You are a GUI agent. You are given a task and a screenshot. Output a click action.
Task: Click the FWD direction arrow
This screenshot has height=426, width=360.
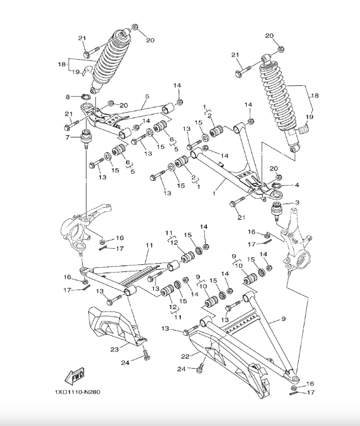pyautogui.click(x=75, y=376)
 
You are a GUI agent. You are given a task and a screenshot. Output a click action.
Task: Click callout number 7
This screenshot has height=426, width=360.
pyautogui.click(x=68, y=137)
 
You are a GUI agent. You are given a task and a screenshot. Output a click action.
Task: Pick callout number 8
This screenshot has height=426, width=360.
pyautogui.click(x=69, y=97)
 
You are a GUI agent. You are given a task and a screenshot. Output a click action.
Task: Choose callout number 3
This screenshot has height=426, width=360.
pyautogui.click(x=297, y=203)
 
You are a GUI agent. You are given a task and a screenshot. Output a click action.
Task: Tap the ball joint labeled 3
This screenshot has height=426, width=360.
pyautogui.click(x=277, y=210)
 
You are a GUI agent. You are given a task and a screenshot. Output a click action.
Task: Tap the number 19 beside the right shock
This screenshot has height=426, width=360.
pyautogui.click(x=309, y=118)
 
